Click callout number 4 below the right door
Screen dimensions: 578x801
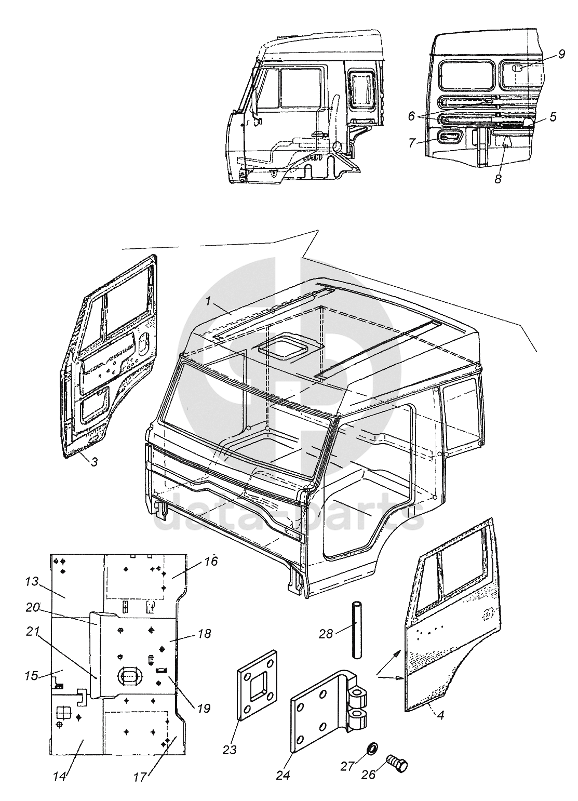click(440, 715)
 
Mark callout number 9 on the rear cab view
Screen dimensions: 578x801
click(562, 55)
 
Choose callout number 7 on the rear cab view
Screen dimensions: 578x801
click(411, 143)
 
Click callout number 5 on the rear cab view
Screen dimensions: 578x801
click(553, 117)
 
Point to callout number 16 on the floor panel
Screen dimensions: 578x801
click(210, 562)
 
